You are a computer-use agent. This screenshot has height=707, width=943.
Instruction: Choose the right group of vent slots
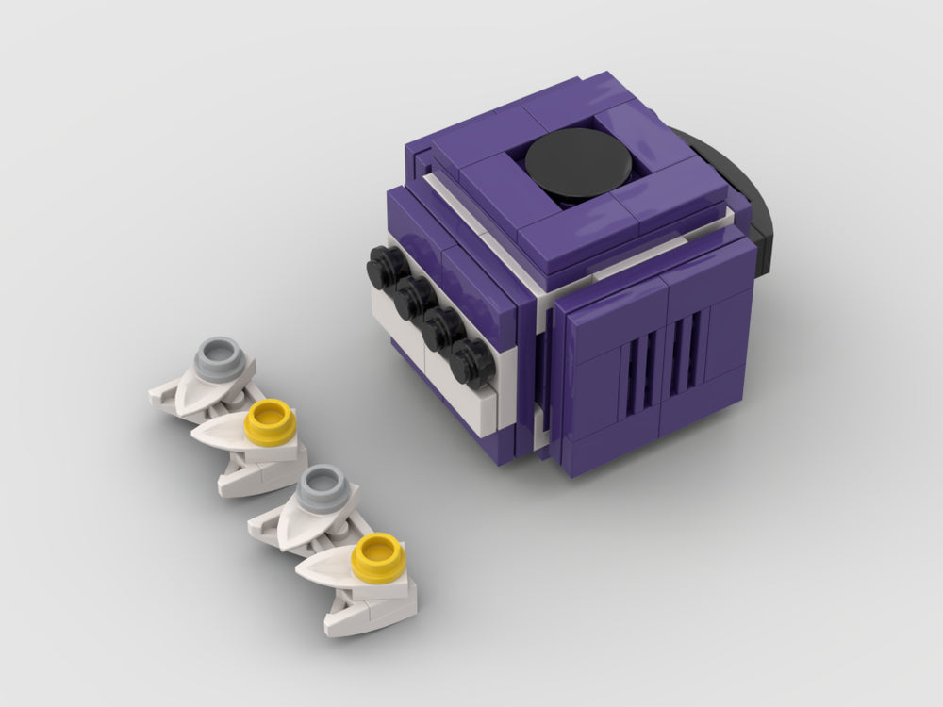[x=687, y=341]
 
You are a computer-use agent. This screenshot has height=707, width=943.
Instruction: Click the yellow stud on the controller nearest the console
[x=268, y=420]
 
